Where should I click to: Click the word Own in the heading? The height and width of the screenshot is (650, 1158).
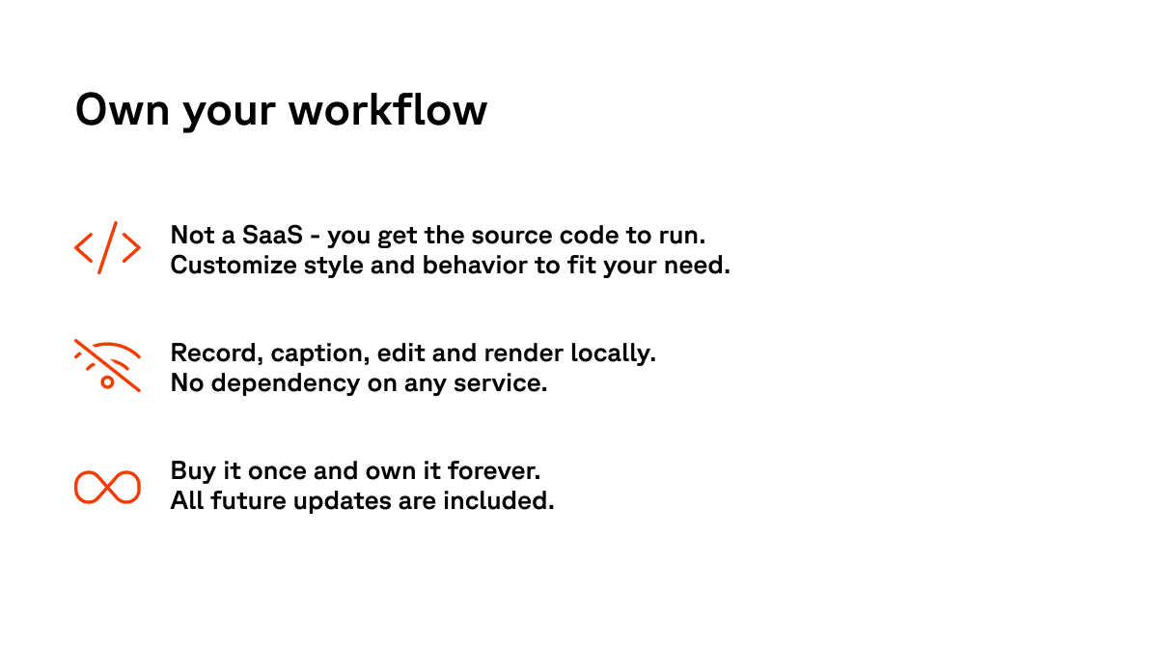coord(122,110)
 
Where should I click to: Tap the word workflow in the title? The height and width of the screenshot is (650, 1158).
coord(388,109)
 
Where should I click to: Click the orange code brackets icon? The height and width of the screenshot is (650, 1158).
coord(107,247)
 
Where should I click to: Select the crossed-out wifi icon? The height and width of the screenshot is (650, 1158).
coord(107,365)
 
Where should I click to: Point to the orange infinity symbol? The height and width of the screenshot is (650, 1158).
coord(107,487)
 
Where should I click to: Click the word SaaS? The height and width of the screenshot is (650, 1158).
coord(272,235)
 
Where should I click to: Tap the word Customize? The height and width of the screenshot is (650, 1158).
coord(234,265)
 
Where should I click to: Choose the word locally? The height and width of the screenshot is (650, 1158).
coord(613,353)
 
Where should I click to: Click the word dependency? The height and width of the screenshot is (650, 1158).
coord(286,383)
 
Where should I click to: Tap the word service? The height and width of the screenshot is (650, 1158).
coord(500,383)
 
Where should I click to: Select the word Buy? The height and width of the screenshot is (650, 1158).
coord(193,471)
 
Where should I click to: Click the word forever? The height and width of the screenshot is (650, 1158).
coord(494,471)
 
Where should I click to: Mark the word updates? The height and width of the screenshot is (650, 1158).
coord(342,501)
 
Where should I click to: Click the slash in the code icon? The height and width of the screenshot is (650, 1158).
coord(107,247)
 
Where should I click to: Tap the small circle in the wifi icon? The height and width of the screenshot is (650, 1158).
coord(107,382)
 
